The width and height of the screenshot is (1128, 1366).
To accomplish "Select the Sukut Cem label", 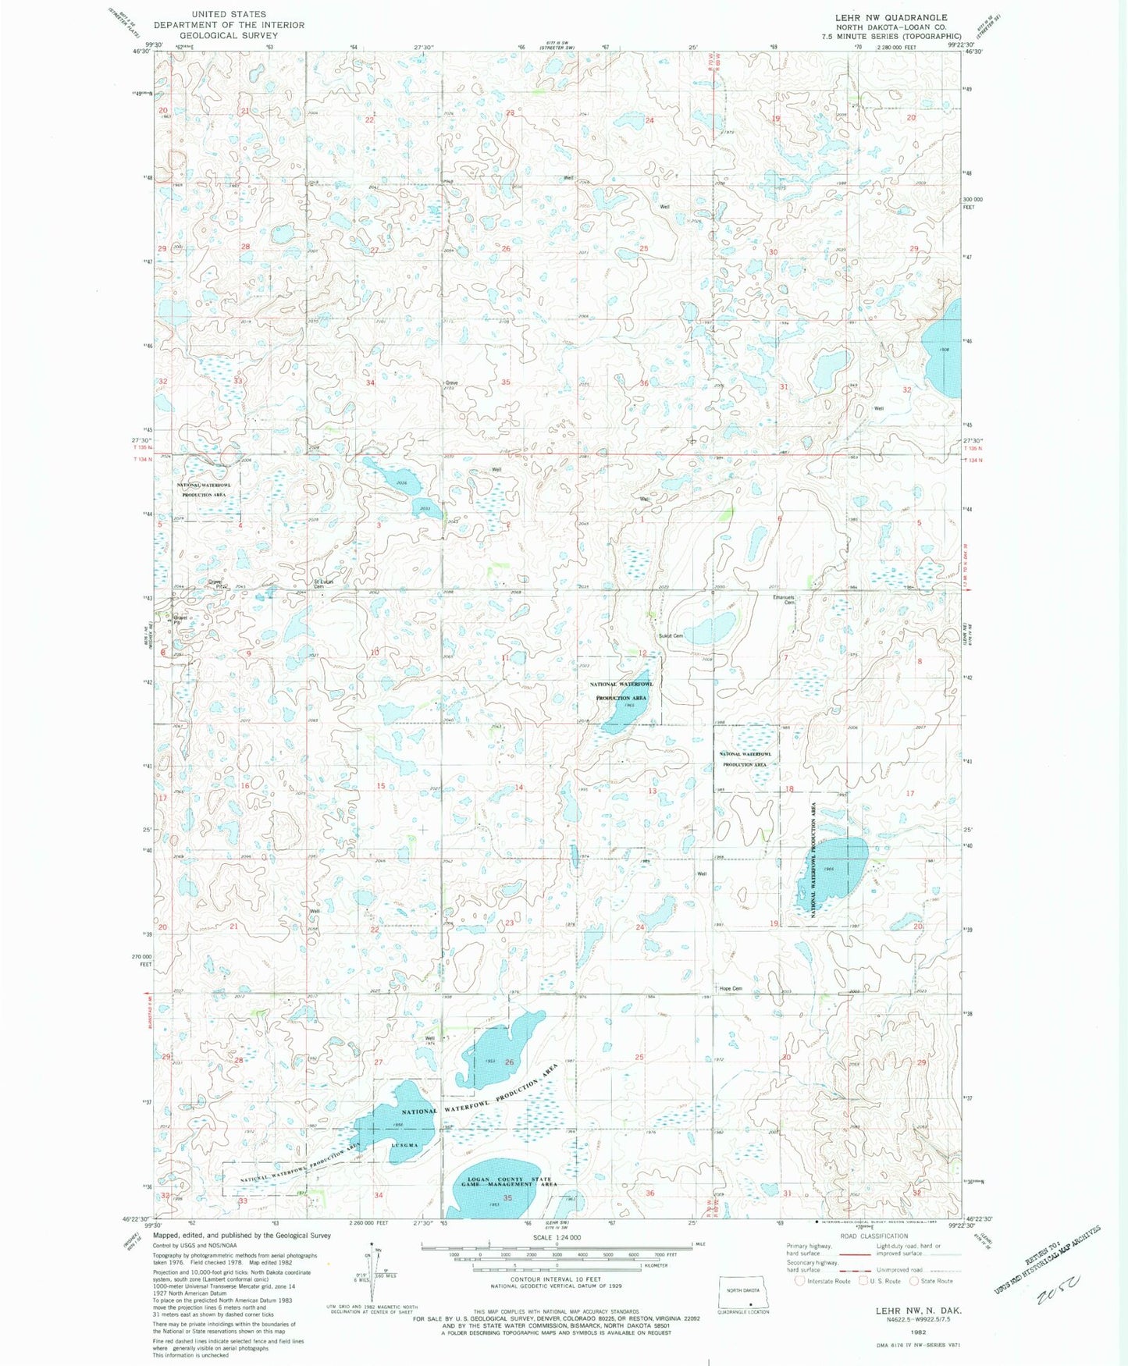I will coord(671,636).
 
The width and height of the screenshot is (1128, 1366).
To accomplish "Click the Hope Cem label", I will coord(731,989).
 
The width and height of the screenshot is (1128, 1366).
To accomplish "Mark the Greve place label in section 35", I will coord(450,383).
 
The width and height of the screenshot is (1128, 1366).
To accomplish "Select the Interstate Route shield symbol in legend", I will coord(799,1281).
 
